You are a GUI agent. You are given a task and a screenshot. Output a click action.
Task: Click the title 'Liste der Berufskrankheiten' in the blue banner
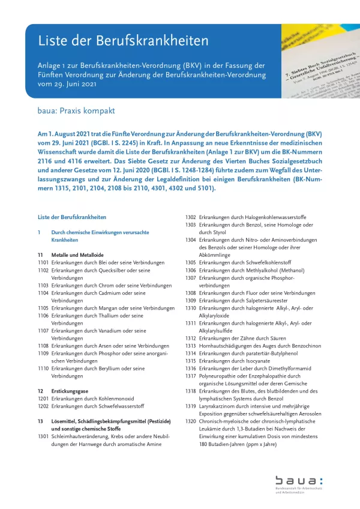(x=124, y=41)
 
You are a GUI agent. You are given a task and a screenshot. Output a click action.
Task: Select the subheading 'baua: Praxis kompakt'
(x=76, y=111)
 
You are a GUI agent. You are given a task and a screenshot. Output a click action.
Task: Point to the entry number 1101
(x=43, y=263)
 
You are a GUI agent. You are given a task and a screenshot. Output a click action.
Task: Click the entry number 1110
(x=43, y=369)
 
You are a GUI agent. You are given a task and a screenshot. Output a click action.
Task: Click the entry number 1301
(x=43, y=436)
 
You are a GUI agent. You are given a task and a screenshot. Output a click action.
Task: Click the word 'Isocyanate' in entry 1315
(x=254, y=361)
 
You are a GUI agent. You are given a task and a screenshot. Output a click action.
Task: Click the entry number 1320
(x=191, y=421)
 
